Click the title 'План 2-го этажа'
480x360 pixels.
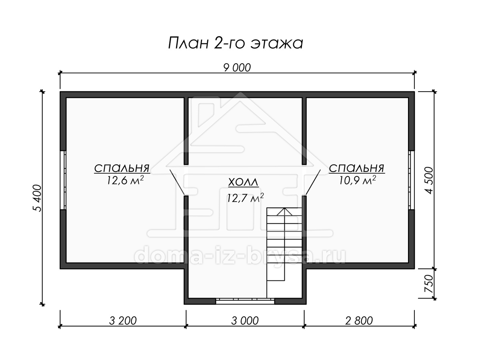tap(236, 43)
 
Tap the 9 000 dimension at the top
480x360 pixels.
tap(237, 68)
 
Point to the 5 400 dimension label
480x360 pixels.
tap(37, 198)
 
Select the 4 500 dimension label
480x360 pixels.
tap(429, 180)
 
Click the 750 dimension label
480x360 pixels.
tap(429, 284)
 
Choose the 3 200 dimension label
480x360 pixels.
tap(123, 321)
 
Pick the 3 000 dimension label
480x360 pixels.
tap(245, 321)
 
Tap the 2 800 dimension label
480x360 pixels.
tap(359, 321)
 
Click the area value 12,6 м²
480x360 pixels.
tap(125, 180)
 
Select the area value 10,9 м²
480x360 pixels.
tap(358, 180)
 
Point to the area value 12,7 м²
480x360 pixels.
tap(245, 198)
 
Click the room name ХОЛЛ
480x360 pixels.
tap(243, 182)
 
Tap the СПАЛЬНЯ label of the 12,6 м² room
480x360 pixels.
tap(122, 168)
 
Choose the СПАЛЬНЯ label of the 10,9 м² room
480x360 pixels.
tap(357, 168)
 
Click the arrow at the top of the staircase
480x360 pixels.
tap(284, 212)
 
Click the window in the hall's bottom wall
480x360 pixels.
tap(245, 301)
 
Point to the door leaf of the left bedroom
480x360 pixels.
tap(178, 182)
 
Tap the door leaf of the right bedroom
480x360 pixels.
tap(313, 182)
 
